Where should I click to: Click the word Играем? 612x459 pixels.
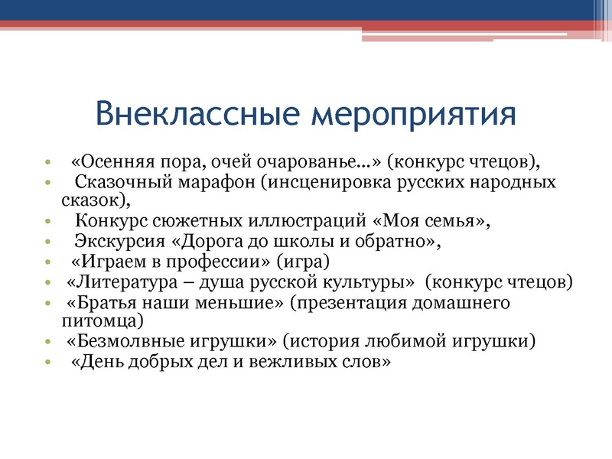click(108, 262)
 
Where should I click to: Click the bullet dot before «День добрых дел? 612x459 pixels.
click(47, 362)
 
